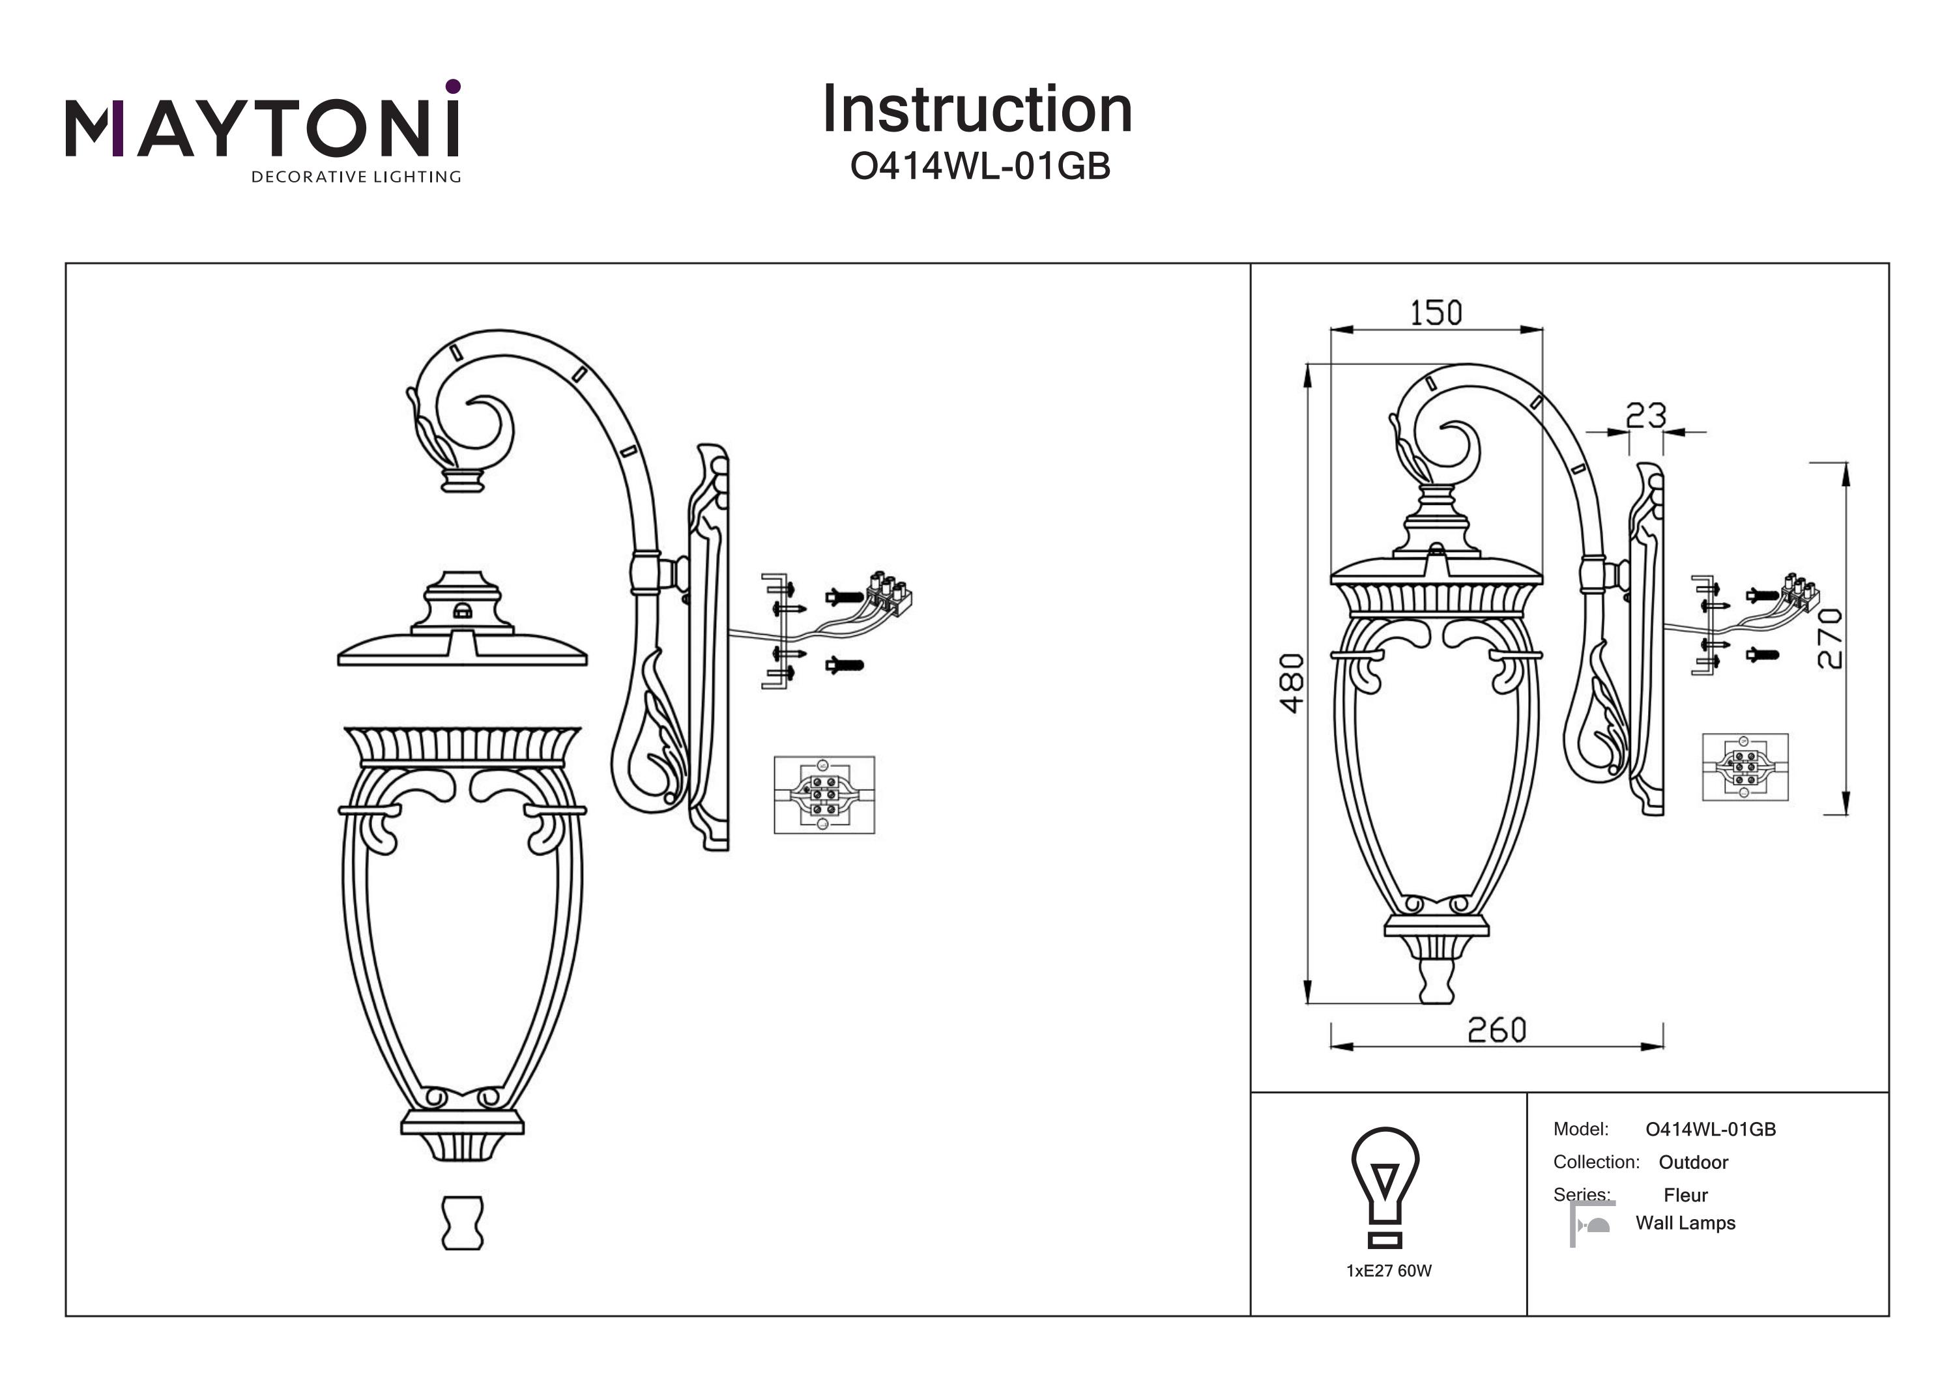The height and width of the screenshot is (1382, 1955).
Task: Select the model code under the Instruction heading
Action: [x=980, y=167]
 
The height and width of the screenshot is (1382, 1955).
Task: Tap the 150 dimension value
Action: [x=1436, y=313]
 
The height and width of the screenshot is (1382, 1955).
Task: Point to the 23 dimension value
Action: [x=1646, y=416]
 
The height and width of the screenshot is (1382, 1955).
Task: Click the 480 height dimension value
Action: [x=1292, y=683]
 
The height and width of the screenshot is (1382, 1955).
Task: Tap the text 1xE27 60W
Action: [x=1389, y=1271]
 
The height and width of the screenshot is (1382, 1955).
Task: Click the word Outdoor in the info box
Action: [x=1694, y=1162]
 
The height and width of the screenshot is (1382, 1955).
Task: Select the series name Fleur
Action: [x=1686, y=1196]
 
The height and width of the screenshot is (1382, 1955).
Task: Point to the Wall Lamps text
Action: [x=1686, y=1223]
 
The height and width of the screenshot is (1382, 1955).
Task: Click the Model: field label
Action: [x=1581, y=1129]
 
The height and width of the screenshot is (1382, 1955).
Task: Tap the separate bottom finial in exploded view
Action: [x=462, y=1223]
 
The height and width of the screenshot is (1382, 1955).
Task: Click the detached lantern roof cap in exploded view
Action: [x=462, y=618]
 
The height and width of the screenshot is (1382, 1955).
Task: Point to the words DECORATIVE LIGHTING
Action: [x=356, y=177]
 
